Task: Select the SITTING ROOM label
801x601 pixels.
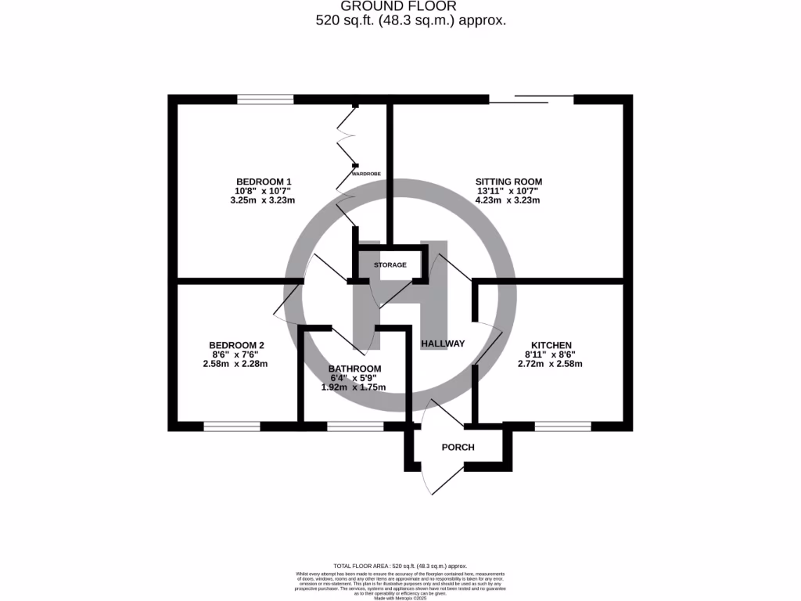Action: coord(508,182)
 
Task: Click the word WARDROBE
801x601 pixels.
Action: coord(366,173)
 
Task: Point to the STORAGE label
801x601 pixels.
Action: coord(390,265)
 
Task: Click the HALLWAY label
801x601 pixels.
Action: coord(443,344)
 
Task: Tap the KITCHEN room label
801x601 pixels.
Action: coord(551,345)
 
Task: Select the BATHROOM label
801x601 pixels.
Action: coord(354,369)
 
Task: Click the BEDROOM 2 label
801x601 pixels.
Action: coord(236,345)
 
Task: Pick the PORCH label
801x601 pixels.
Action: coord(458,448)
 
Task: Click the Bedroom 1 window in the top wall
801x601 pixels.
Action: coord(265,99)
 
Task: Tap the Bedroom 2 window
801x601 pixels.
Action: coord(232,426)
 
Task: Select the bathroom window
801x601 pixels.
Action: coord(355,426)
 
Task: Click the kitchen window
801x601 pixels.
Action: coord(562,426)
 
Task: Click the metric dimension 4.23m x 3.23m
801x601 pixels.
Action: coord(508,200)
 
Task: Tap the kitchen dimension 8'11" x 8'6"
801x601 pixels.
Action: coord(551,354)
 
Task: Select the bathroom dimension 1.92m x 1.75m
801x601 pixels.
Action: coord(354,387)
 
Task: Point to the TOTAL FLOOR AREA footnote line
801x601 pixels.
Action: coord(400,566)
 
